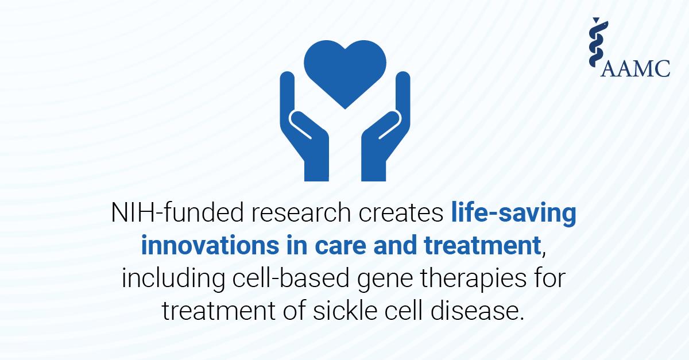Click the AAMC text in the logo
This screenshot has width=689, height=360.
click(635, 68)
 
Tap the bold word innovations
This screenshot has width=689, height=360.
click(210, 245)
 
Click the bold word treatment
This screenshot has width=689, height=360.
click(482, 246)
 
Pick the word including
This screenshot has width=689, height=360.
click(173, 278)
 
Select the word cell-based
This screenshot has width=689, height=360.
click(291, 277)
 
